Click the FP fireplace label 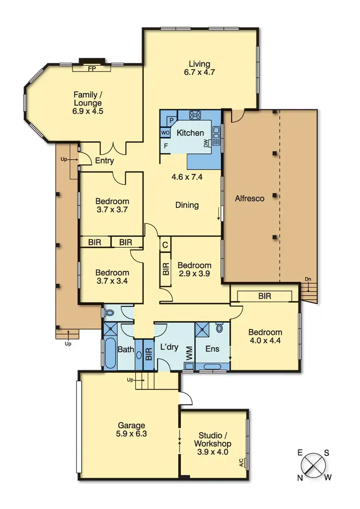(91, 68)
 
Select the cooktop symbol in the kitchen (195, 115)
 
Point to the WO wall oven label (165, 133)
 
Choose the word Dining (187, 205)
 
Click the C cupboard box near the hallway (165, 245)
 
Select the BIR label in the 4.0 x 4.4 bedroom (264, 296)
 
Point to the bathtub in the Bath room (109, 353)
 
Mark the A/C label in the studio (241, 463)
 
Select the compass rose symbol (314, 464)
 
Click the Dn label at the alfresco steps (308, 279)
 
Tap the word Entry (104, 160)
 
